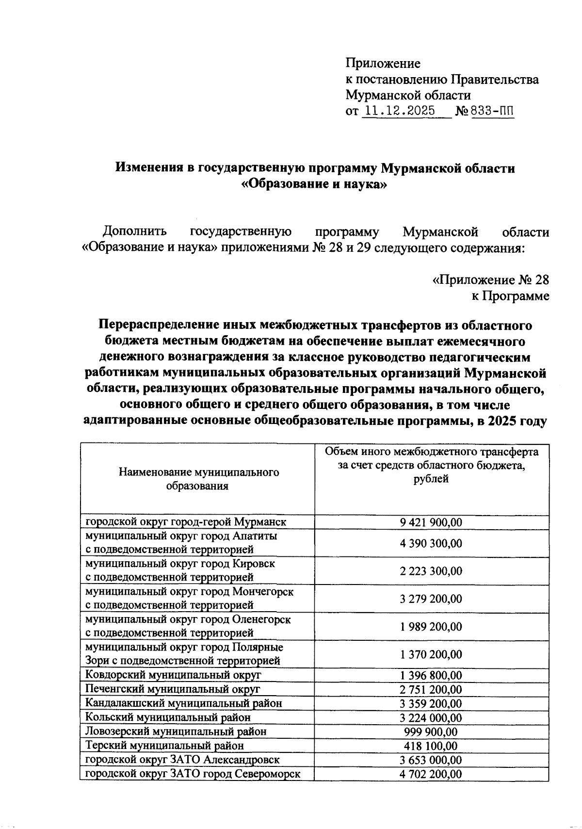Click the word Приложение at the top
[x=383, y=64]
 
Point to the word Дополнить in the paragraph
[x=135, y=231]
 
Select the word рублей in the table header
[x=431, y=479]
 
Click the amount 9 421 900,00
[x=431, y=522]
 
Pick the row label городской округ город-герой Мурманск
[x=186, y=522]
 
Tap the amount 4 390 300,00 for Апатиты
[x=431, y=543]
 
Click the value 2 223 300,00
[x=431, y=570]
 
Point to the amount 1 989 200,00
[x=431, y=626]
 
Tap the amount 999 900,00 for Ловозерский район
[x=431, y=731]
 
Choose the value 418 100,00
[x=431, y=746]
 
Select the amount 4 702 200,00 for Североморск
[x=431, y=774]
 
